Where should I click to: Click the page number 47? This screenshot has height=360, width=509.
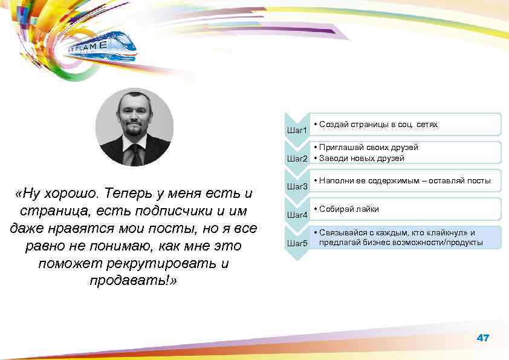pyautogui.click(x=482, y=338)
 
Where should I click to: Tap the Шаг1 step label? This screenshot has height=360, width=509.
pyautogui.click(x=297, y=130)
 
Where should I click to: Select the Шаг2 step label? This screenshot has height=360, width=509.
pyautogui.click(x=297, y=159)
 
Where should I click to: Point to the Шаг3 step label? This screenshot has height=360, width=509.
pyautogui.click(x=297, y=186)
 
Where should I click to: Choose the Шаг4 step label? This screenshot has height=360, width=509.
pyautogui.click(x=297, y=215)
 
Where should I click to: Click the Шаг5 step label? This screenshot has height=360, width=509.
pyautogui.click(x=297, y=243)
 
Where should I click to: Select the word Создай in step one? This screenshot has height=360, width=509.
pyautogui.click(x=334, y=125)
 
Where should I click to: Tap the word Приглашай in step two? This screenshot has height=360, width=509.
pyautogui.click(x=340, y=147)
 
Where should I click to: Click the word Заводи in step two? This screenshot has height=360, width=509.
pyautogui.click(x=334, y=159)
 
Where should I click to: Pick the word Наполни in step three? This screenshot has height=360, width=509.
pyautogui.click(x=337, y=181)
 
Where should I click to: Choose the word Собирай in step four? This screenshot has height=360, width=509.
pyautogui.click(x=337, y=209)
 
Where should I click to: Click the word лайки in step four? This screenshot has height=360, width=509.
pyautogui.click(x=368, y=209)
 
